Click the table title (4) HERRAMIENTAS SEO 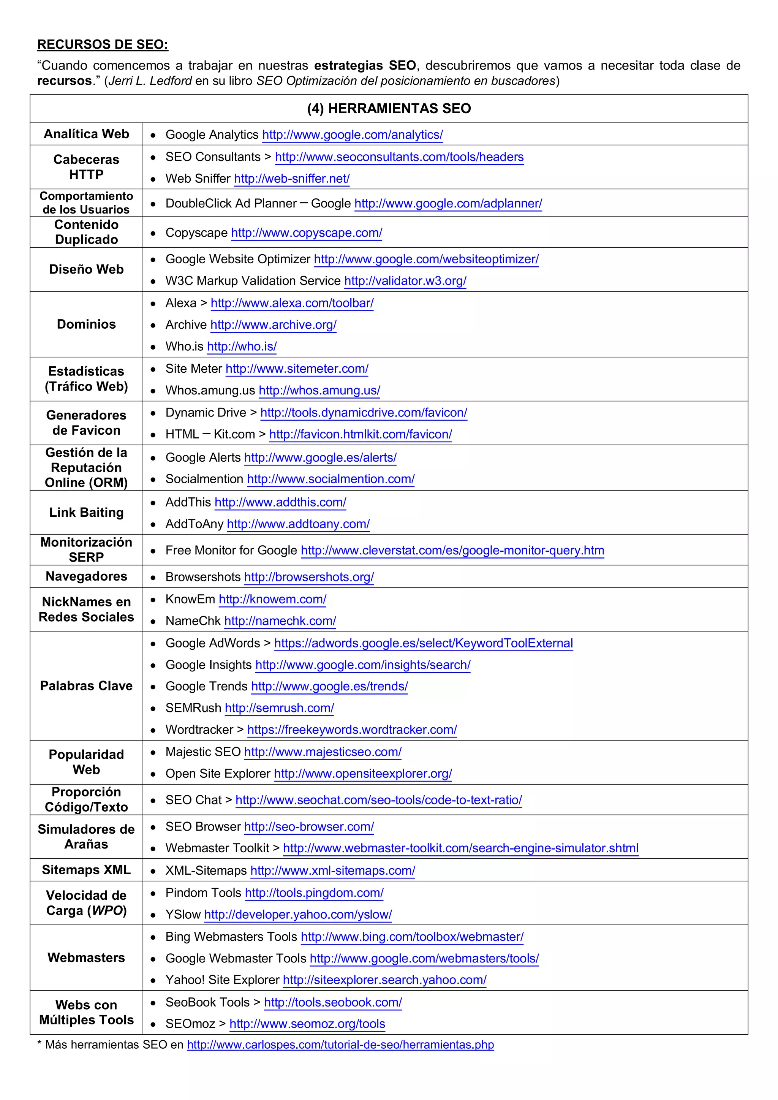pos(389,109)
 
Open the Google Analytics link pos(352,135)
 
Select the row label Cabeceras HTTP pos(86,167)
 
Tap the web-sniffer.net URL pos(292,179)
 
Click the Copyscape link pos(307,233)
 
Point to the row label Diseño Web pos(86,269)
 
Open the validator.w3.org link pos(405,281)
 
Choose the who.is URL pos(242,347)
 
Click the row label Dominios pos(86,324)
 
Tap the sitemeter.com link pos(297,369)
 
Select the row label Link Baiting pos(86,513)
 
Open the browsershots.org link pos(309,577)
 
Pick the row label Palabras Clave pos(86,686)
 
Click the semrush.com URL pos(279,708)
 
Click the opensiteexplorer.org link pos(363,774)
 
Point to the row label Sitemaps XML pos(86,870)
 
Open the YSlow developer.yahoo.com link pos(298,915)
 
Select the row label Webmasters pos(86,958)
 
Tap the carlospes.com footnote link pos(340,1045)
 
